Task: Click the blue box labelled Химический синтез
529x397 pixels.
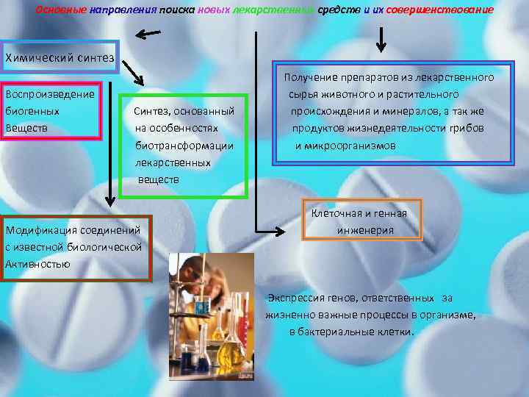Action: (x=60, y=57)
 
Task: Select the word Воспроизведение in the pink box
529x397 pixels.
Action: (x=49, y=94)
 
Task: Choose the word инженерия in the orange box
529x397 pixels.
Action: (x=365, y=229)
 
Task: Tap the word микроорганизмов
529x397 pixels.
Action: (x=345, y=146)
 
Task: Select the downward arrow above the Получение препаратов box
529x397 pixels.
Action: (x=381, y=40)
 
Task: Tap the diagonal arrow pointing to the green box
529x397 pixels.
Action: (x=135, y=74)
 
